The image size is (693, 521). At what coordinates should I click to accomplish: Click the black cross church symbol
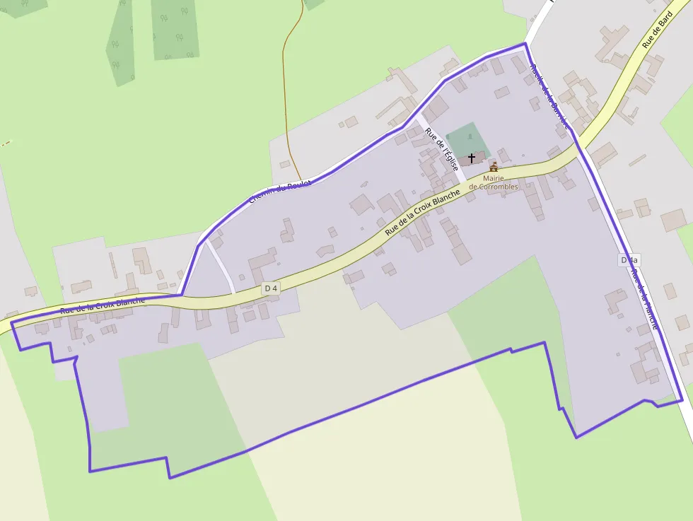pyautogui.click(x=472, y=158)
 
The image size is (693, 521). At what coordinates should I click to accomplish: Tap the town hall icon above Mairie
pyautogui.click(x=494, y=168)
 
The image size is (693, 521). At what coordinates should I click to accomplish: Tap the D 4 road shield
pyautogui.click(x=270, y=288)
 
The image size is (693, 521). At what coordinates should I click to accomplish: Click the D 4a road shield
pyautogui.click(x=629, y=260)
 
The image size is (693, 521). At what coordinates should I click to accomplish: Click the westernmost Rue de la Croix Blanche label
pyautogui.click(x=103, y=305)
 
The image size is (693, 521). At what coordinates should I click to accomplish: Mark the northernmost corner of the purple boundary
pyautogui.click(x=525, y=44)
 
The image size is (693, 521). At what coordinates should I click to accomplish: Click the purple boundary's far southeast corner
pyautogui.click(x=682, y=400)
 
